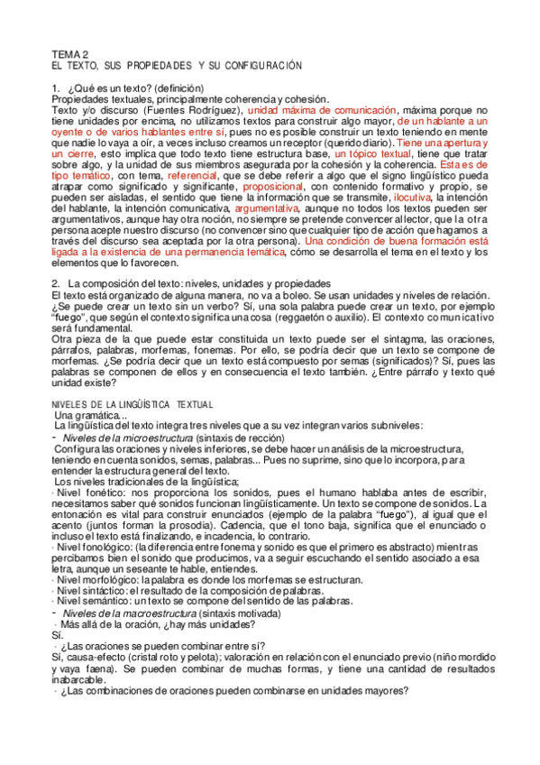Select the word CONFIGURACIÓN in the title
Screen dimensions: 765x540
261,67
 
